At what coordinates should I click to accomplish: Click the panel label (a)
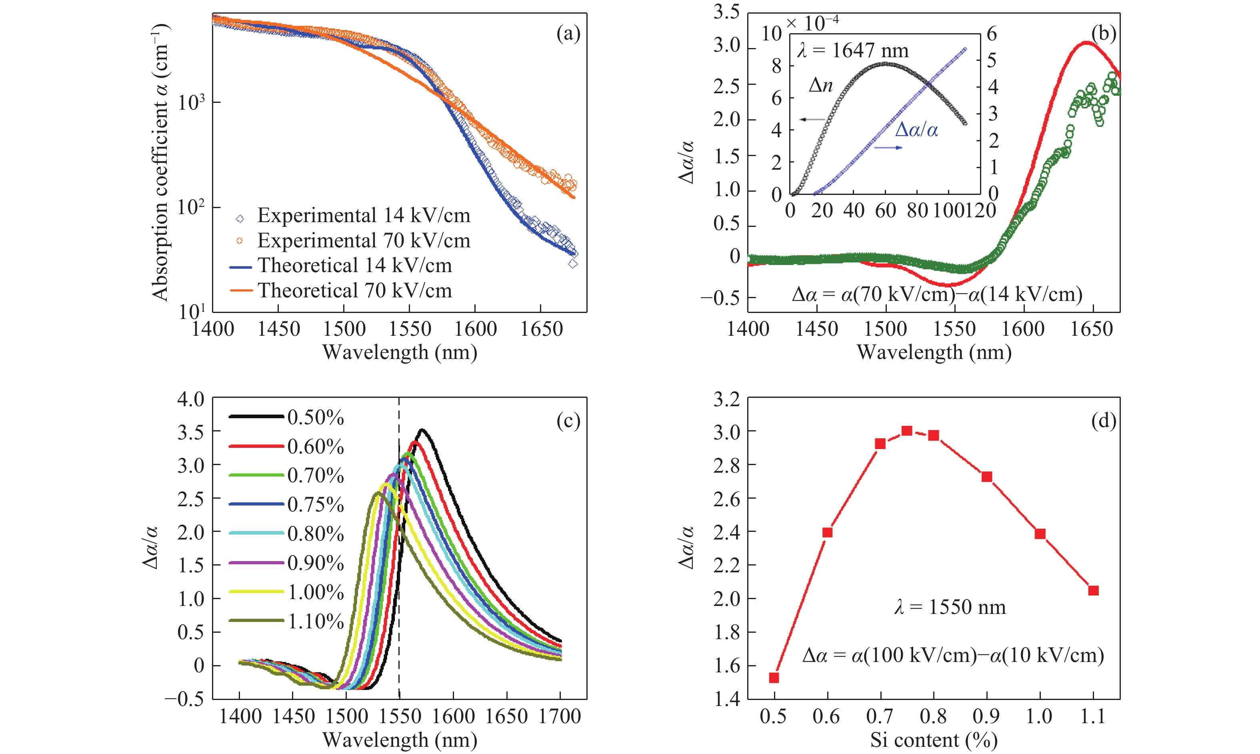coord(568,34)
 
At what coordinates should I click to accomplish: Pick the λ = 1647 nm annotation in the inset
coord(853,51)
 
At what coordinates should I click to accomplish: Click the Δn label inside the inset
coord(820,85)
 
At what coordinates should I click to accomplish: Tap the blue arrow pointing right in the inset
coord(888,147)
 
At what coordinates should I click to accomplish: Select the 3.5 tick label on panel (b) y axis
coord(726,12)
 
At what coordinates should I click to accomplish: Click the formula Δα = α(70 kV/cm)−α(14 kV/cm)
coord(937,294)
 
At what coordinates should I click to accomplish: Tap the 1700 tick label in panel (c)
coord(560,716)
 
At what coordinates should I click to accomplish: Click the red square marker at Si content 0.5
coord(774,678)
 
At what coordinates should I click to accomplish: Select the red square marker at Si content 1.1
coord(1094,590)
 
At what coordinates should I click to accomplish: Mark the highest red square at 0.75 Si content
coord(907,431)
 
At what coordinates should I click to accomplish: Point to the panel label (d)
coord(1103,421)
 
